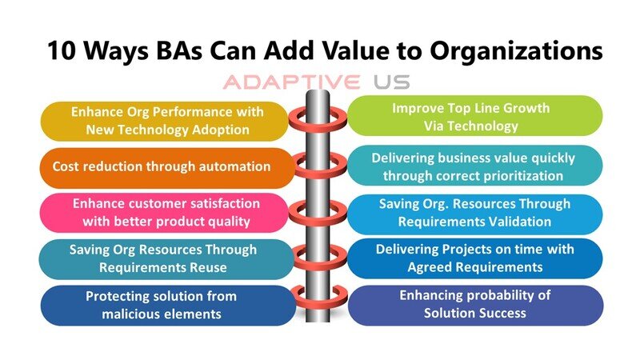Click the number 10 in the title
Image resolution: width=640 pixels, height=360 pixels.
pyautogui.click(x=62, y=50)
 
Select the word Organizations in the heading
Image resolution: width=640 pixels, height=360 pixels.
pyautogui.click(x=516, y=51)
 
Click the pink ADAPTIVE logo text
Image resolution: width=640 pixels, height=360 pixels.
pyautogui.click(x=292, y=82)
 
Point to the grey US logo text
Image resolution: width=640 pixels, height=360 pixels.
pyautogui.click(x=391, y=82)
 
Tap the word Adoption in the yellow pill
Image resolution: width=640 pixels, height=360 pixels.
pyautogui.click(x=221, y=130)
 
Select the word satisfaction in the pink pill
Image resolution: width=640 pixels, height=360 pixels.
pyautogui.click(x=220, y=203)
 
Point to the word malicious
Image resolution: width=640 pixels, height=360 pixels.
pyautogui.click(x=132, y=314)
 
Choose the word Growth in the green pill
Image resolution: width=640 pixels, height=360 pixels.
pyautogui.click(x=526, y=108)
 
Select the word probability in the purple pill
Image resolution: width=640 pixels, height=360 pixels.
pyautogui.click(x=496, y=295)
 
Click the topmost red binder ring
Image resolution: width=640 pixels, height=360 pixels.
pyautogui.click(x=318, y=118)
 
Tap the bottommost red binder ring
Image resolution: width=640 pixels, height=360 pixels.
pyautogui.click(x=318, y=298)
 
